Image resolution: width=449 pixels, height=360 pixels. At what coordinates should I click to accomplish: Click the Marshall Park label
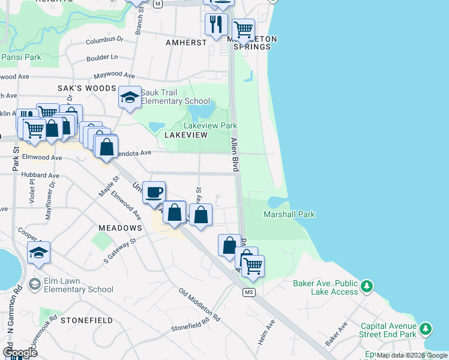tap(289, 214)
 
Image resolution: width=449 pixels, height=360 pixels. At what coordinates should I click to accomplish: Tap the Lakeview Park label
tap(210, 125)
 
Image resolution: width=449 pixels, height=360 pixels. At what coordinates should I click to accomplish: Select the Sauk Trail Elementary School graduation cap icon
tap(129, 97)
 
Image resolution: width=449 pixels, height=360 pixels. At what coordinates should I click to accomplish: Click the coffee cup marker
tap(154, 191)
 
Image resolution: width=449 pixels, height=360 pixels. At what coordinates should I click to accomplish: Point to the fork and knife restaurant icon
tap(215, 24)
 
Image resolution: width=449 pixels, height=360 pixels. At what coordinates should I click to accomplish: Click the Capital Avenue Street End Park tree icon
tap(426, 328)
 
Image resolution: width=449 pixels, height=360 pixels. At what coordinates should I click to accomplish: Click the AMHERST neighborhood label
tap(186, 43)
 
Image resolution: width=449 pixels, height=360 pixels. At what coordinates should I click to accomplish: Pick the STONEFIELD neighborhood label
tap(86, 320)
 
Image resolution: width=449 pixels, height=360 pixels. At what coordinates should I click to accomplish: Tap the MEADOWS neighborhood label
tap(121, 228)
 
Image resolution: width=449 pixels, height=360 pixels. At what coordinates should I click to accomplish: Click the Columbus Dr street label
tap(104, 40)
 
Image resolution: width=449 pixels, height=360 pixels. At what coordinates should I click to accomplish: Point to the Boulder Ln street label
tap(101, 57)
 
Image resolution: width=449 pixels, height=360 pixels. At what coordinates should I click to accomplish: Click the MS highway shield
tap(250, 292)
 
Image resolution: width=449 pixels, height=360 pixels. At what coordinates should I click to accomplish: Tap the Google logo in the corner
tap(20, 352)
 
